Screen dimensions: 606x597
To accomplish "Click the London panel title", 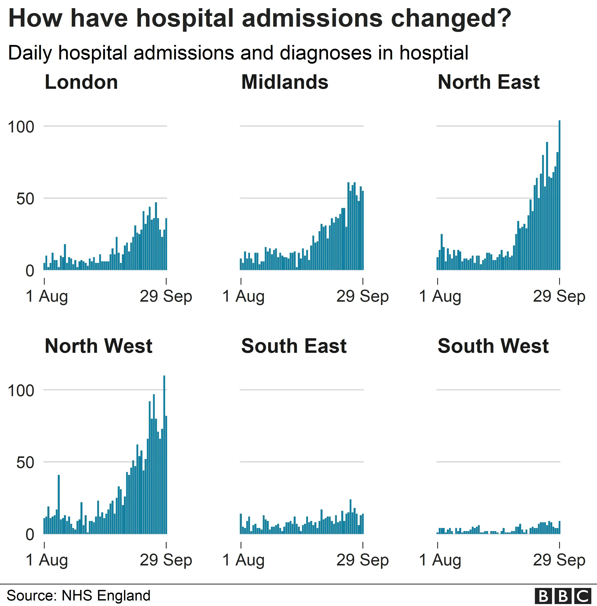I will (81, 82).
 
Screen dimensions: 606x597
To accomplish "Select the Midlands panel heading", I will (284, 82).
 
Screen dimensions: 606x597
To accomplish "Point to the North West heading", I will (99, 346).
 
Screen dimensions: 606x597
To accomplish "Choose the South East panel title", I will (294, 346).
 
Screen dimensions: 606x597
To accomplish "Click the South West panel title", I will (493, 346).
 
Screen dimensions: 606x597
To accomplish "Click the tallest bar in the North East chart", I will (559, 194).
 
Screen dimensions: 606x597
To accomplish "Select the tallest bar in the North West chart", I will (164, 454).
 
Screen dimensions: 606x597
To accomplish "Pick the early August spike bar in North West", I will (59, 504).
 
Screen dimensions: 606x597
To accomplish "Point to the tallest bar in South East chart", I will (351, 517).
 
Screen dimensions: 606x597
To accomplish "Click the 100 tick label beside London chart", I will (21, 127).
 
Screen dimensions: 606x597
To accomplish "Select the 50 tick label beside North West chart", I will (25, 463).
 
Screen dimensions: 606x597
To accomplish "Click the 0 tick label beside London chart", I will (30, 271).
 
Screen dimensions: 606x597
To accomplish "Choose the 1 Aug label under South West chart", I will (440, 560).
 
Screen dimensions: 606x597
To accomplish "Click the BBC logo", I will (563, 596).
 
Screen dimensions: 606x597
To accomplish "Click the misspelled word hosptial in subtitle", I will (434, 53).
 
